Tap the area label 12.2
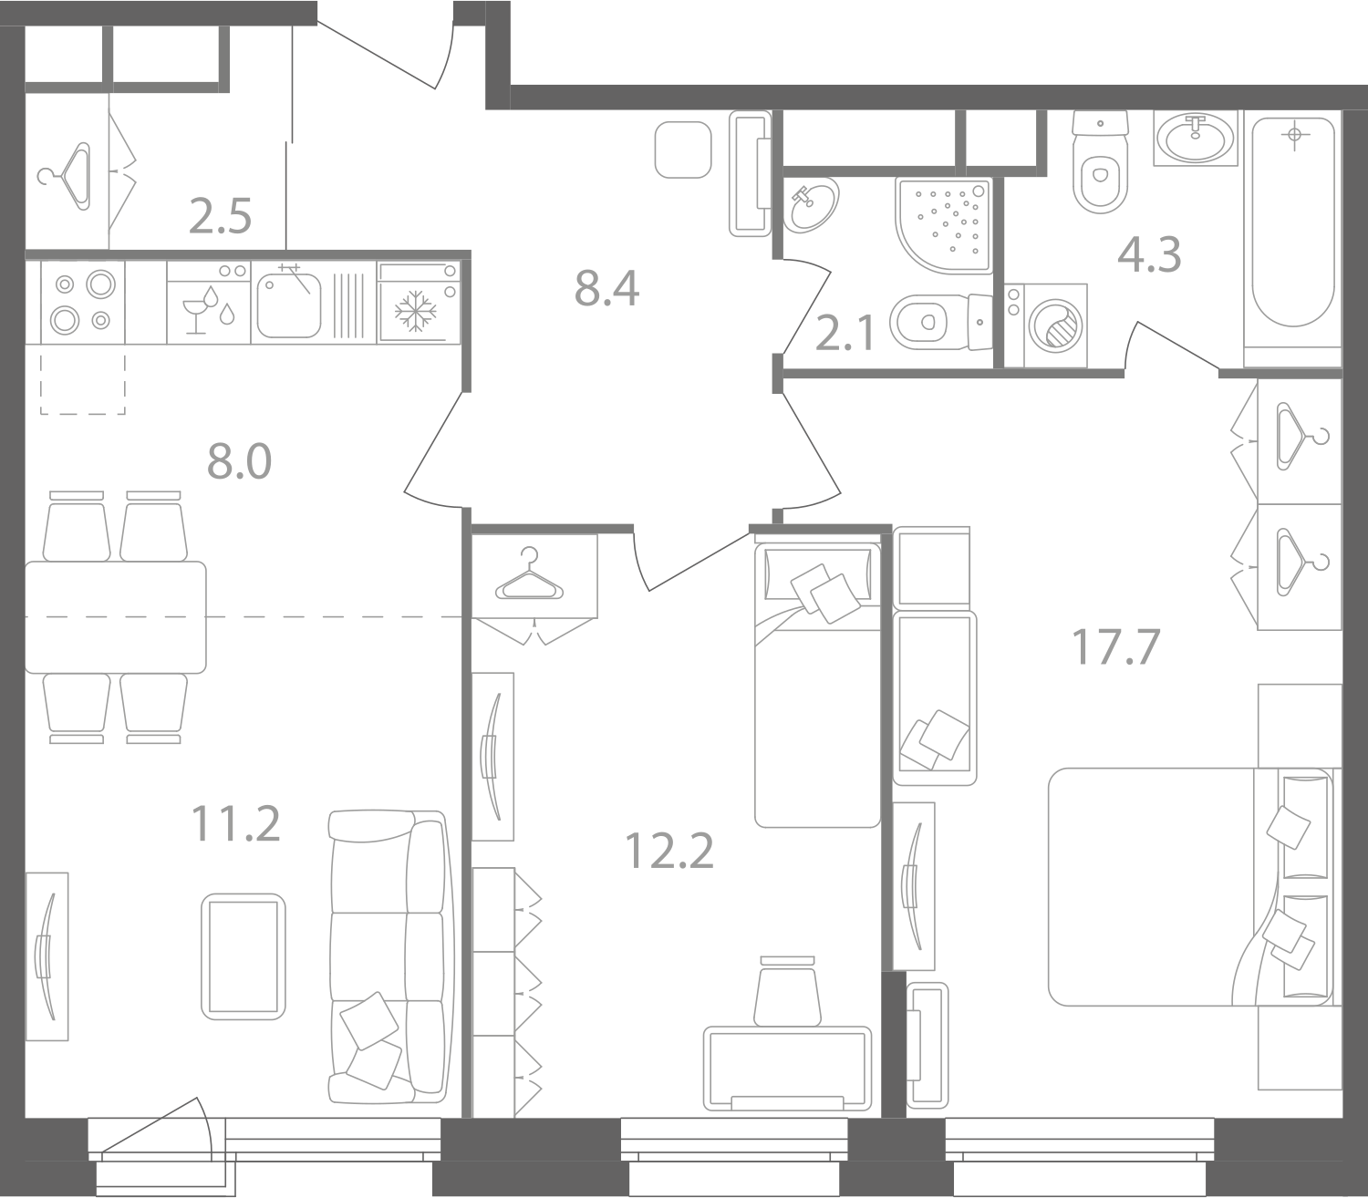click(x=669, y=851)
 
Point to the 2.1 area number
click(x=845, y=335)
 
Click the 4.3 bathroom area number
click(x=1149, y=254)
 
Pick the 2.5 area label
click(x=220, y=216)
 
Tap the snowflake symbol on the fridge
click(x=415, y=311)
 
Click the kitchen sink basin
click(x=289, y=305)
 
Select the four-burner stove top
click(x=83, y=303)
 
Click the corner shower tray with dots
click(x=944, y=226)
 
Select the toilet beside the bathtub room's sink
click(x=1101, y=162)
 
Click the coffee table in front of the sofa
click(x=244, y=956)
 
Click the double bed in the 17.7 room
click(x=1190, y=887)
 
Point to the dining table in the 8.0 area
click(x=116, y=617)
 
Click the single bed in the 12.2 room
click(x=817, y=685)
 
